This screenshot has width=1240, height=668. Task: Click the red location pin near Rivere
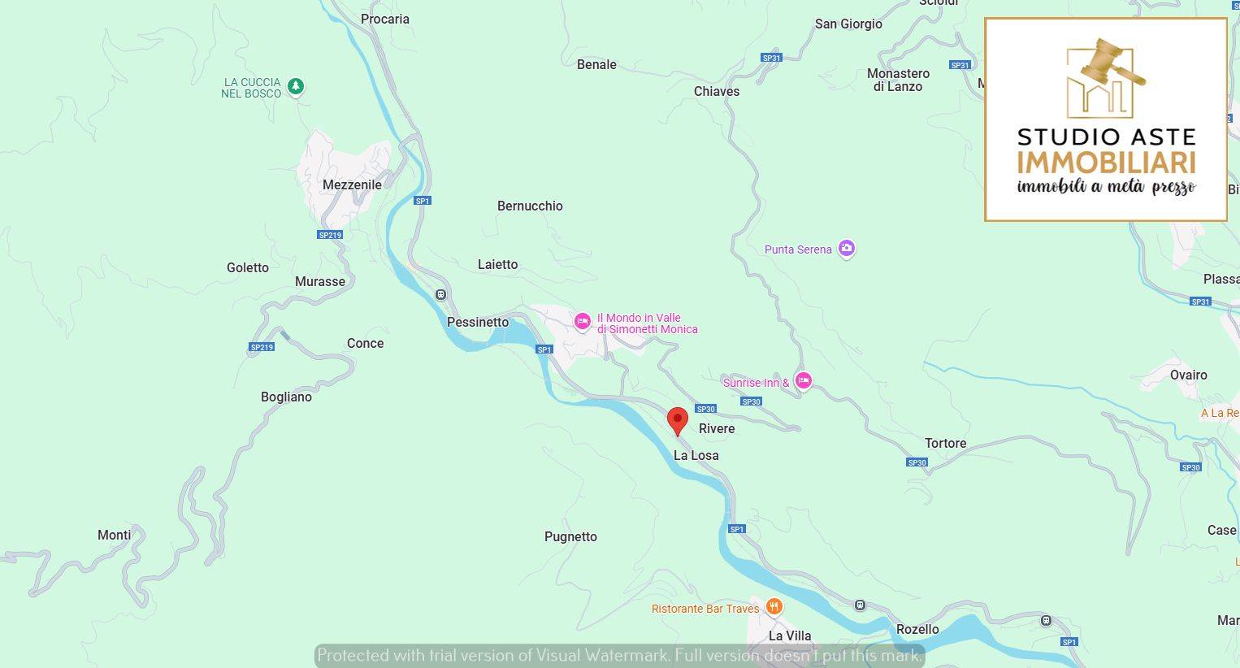(677, 421)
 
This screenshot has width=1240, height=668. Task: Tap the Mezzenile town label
(352, 184)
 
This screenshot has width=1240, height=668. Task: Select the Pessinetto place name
(478, 322)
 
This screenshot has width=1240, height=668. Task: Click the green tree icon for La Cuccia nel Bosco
(296, 86)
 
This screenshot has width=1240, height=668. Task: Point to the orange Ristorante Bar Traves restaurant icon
(774, 607)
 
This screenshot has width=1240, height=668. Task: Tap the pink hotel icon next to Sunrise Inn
(803, 380)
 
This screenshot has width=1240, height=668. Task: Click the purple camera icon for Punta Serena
(847, 249)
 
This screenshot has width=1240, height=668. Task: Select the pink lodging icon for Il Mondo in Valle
(582, 322)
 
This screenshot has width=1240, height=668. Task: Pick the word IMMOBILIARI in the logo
(1106, 163)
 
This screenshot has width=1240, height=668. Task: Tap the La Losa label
(696, 455)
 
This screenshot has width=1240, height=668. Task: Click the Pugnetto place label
(570, 536)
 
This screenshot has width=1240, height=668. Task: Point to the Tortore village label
(945, 443)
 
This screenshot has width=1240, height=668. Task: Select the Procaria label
(385, 19)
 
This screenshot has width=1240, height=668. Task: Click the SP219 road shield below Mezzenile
(330, 235)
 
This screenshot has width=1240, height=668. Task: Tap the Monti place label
(114, 535)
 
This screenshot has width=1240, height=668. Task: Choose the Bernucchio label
(530, 206)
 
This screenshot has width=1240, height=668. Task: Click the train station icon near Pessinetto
(440, 294)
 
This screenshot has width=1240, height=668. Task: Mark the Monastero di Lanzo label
(898, 80)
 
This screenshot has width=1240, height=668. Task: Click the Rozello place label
(917, 629)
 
